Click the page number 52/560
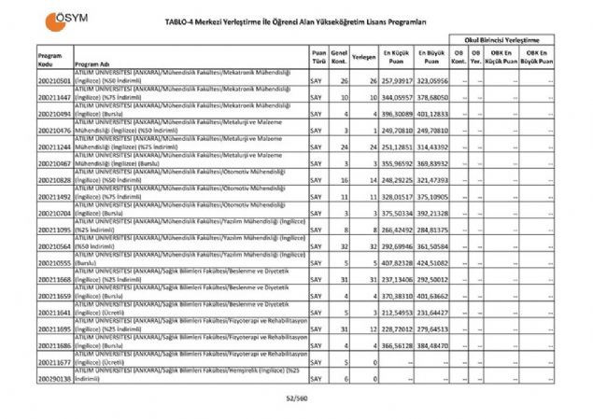(296, 398)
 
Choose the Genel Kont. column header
(340, 56)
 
